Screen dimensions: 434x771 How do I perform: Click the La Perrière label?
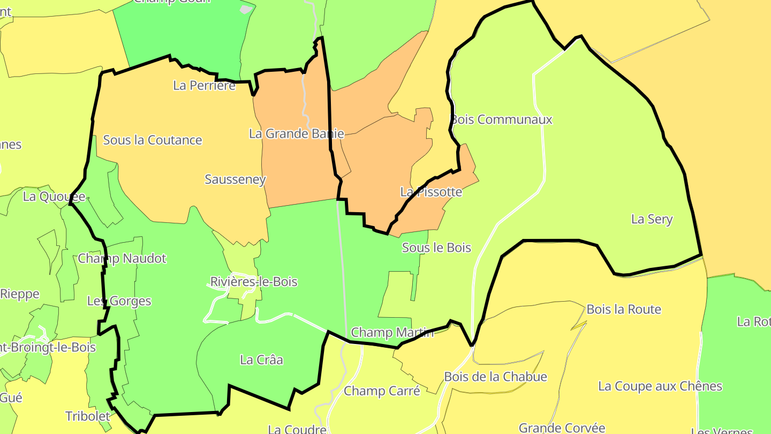(x=204, y=85)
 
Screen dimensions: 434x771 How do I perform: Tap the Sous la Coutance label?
(x=153, y=140)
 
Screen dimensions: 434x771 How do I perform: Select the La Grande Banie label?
(x=296, y=133)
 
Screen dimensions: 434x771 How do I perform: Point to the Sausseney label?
(x=235, y=179)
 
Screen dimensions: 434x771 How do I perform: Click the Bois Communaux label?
(x=501, y=119)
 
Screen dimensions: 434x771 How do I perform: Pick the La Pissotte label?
(x=431, y=191)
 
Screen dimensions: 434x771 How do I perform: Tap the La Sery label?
(x=652, y=219)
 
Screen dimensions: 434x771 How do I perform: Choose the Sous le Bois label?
(x=436, y=248)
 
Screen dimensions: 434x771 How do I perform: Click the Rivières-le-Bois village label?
(x=254, y=282)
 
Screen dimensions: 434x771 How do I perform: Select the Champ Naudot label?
(x=122, y=258)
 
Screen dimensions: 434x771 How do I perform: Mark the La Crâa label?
(x=261, y=360)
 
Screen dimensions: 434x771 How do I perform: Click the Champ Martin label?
(x=392, y=333)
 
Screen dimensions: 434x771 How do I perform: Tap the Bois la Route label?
(x=624, y=309)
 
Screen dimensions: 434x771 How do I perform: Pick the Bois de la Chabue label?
(x=496, y=377)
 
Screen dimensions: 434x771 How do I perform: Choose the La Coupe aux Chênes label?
(x=660, y=386)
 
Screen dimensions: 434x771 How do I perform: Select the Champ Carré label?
(x=382, y=391)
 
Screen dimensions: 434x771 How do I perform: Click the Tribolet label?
(x=88, y=416)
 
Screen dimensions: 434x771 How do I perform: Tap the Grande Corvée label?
(x=562, y=428)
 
